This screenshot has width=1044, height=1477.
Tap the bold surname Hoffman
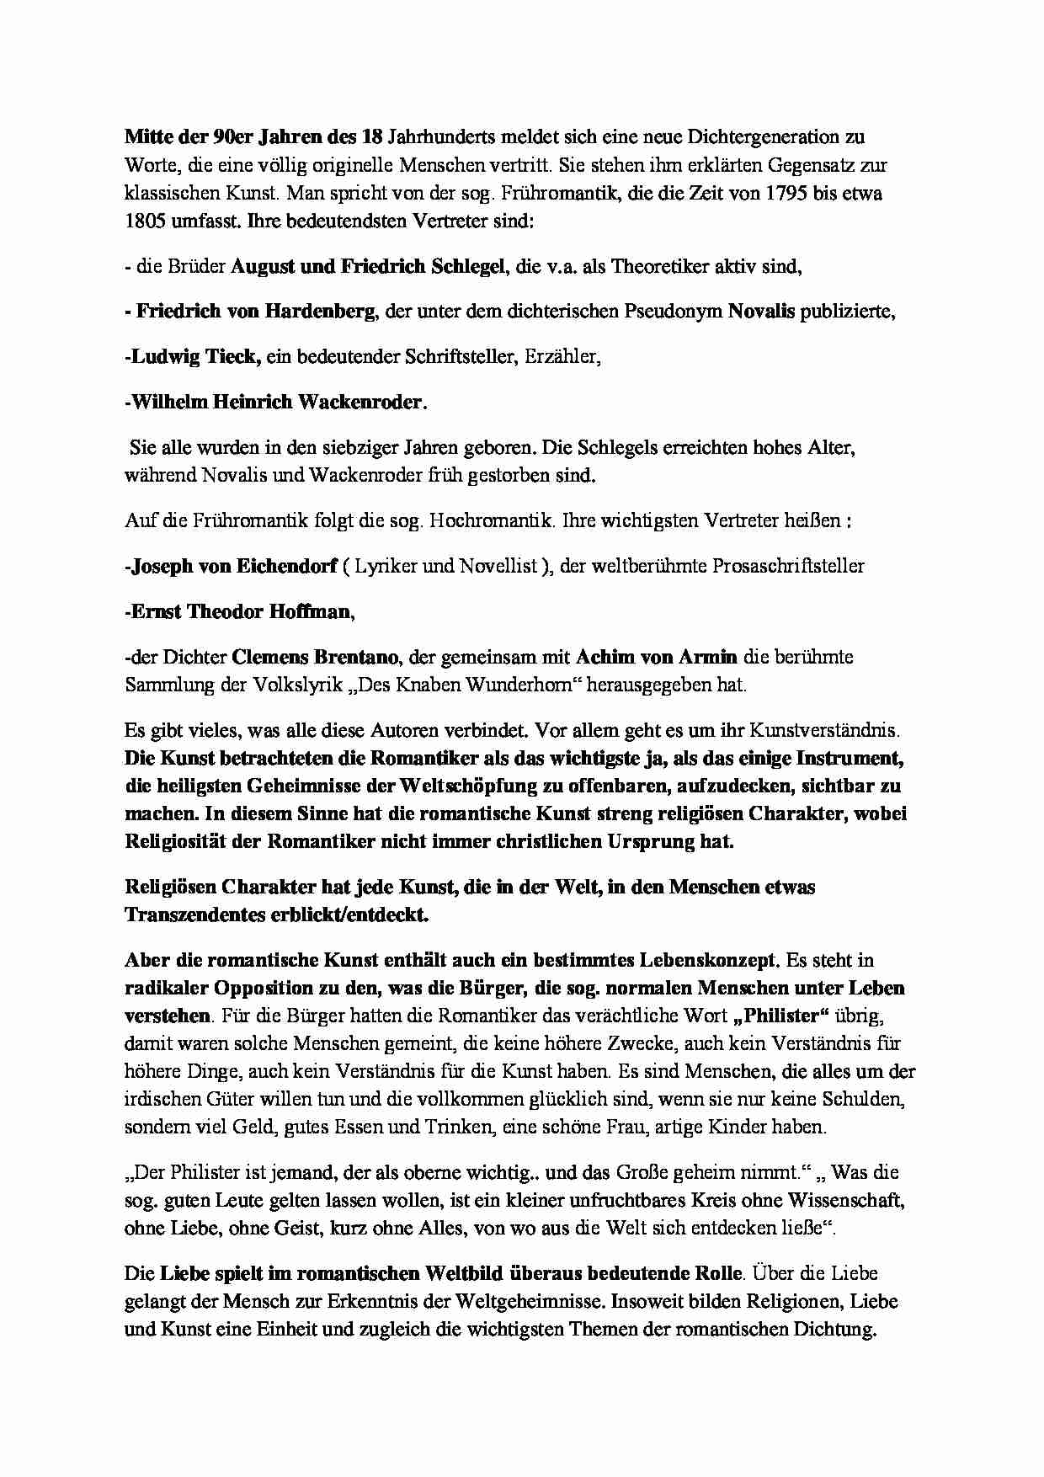pyautogui.click(x=309, y=611)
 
